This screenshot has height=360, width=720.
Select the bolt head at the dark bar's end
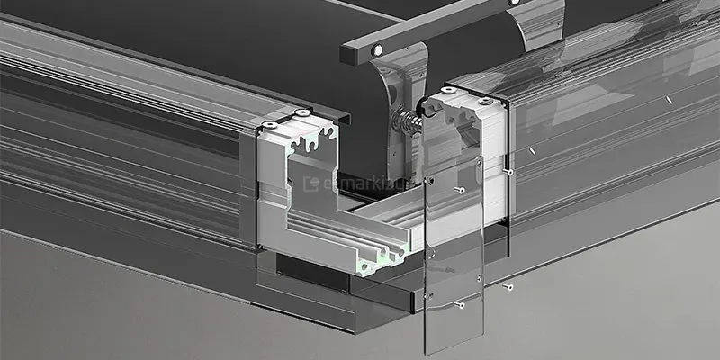(376, 47)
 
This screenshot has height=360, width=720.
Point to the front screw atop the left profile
(268, 123)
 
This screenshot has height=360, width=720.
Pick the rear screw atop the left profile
(300, 113)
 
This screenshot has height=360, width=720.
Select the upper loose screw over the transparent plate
(461, 191)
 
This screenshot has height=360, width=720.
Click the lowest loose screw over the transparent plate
(460, 305)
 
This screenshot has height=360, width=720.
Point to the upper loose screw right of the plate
(509, 171)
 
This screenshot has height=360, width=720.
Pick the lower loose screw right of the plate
(509, 287)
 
